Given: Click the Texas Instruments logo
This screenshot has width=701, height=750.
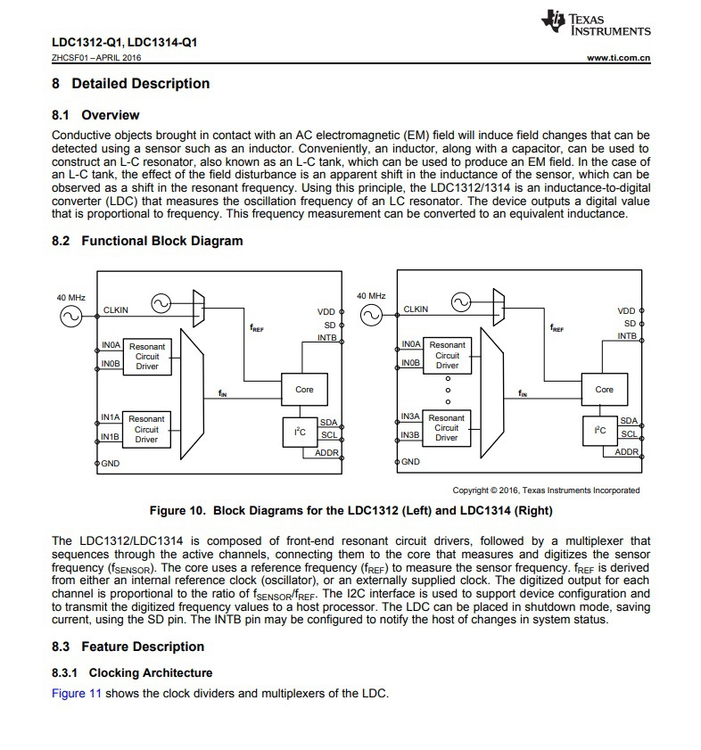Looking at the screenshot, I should [x=595, y=24].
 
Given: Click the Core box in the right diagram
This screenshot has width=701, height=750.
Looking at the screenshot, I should [x=604, y=390].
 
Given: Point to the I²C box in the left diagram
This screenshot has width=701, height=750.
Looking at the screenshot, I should [x=300, y=432].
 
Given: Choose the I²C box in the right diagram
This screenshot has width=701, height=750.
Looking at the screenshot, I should [x=600, y=432].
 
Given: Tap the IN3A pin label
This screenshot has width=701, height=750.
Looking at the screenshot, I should [x=410, y=417].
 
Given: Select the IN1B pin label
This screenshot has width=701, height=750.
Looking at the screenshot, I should [x=110, y=436].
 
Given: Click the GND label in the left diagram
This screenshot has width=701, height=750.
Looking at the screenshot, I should [x=111, y=463].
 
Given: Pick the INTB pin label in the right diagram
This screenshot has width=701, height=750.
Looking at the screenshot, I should [x=627, y=336].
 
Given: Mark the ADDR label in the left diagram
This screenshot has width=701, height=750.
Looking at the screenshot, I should [x=326, y=452].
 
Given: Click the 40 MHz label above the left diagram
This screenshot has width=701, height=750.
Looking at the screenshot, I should [x=71, y=296].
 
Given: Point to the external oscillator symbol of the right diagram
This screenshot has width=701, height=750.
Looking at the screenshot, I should [x=370, y=316].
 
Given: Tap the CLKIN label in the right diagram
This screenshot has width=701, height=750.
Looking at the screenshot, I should [x=416, y=309].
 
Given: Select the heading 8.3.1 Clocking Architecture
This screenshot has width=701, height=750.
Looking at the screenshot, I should [x=132, y=672].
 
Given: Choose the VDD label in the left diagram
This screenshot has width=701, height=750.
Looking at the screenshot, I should [x=326, y=311].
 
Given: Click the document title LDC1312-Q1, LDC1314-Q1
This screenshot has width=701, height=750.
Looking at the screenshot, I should [x=124, y=42].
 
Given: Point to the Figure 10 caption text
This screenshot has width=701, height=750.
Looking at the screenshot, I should [x=350, y=511].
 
